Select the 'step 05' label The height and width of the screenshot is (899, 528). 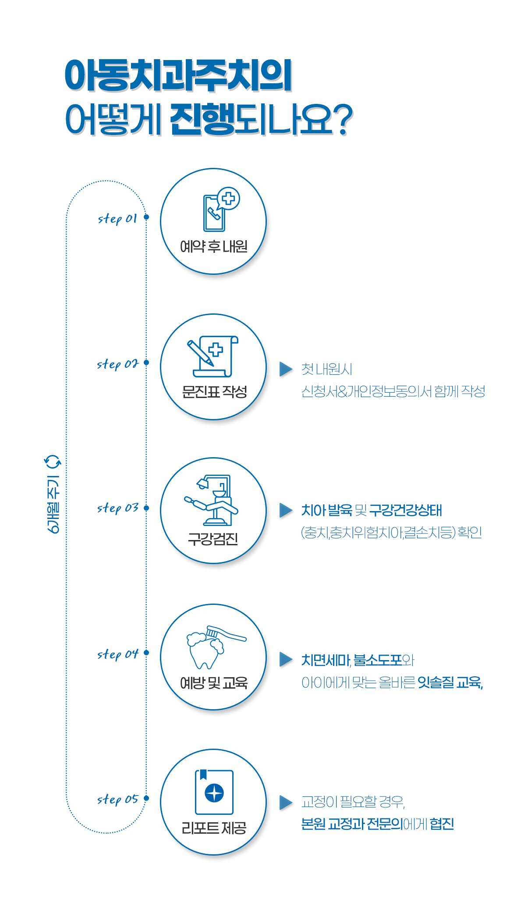(x=117, y=800)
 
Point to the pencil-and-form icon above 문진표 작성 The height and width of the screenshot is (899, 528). (x=213, y=356)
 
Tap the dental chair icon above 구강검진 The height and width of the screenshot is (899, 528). (x=211, y=500)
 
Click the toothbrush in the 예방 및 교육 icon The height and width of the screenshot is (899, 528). (x=226, y=633)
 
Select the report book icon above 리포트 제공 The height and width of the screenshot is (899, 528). (x=214, y=792)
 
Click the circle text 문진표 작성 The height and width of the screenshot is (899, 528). (x=214, y=392)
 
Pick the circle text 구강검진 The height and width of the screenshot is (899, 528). (x=213, y=539)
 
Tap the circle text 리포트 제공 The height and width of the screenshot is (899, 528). (x=214, y=828)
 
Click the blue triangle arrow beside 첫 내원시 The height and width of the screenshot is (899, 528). (x=286, y=369)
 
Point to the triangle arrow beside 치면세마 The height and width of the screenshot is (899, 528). (x=286, y=659)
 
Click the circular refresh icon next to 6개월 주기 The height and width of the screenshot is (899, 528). (x=53, y=462)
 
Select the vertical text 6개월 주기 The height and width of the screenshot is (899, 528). (x=53, y=504)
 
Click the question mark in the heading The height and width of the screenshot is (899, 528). (x=342, y=120)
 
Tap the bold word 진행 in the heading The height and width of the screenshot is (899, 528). (x=202, y=119)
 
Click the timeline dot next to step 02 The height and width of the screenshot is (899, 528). (x=146, y=362)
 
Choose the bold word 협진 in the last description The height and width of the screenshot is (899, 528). (x=442, y=824)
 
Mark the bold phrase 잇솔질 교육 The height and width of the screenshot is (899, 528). (x=449, y=682)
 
